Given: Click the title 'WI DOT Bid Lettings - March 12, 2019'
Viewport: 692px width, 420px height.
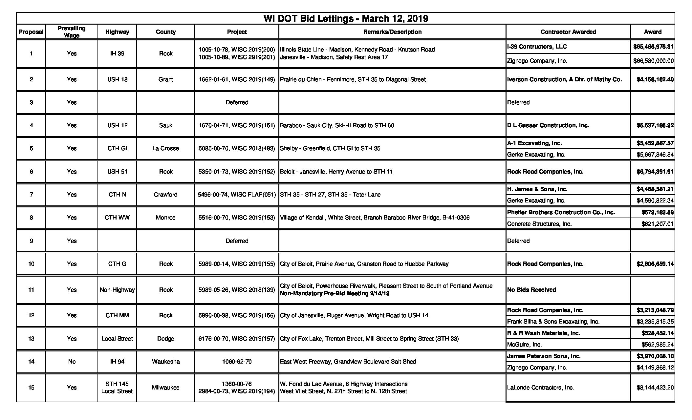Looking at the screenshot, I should (x=346, y=19).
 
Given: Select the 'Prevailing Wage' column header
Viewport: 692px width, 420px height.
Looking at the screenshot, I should (x=72, y=32).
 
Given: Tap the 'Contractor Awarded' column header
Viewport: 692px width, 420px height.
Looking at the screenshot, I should (x=568, y=32).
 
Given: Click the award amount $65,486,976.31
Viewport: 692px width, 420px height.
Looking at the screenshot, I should (x=653, y=47).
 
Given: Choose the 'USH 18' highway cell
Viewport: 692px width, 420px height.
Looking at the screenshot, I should (x=117, y=79).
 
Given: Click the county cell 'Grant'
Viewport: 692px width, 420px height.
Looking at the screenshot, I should (x=165, y=79).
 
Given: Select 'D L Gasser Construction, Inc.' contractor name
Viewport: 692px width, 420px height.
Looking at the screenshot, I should (x=548, y=125).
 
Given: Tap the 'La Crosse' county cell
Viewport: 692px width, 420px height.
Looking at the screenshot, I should (x=165, y=148).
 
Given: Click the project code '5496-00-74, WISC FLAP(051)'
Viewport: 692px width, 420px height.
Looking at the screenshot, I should (x=237, y=195).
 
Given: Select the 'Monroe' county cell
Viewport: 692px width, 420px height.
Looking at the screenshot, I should (x=165, y=218).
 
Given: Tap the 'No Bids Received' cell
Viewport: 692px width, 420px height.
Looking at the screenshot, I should (x=531, y=290).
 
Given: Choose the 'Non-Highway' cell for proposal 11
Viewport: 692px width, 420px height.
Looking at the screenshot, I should (x=117, y=290).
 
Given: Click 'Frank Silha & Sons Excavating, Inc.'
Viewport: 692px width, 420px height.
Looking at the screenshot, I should (x=553, y=322).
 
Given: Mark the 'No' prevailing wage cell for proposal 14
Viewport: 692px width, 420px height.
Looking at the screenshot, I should (x=72, y=362).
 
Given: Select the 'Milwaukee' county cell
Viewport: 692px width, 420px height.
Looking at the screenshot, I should (x=165, y=388).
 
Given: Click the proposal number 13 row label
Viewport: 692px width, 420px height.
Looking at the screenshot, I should (x=31, y=339).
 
